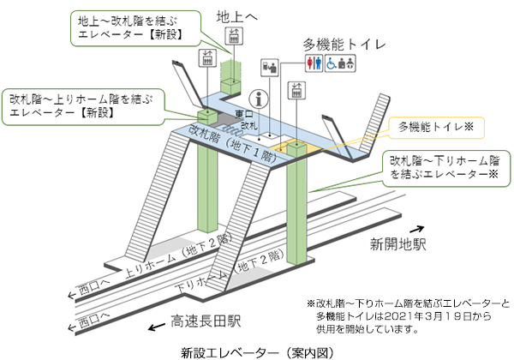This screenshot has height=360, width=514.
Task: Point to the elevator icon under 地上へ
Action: (232, 35)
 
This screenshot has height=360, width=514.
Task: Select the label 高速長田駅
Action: (206, 321)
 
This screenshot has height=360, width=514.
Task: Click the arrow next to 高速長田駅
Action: (158, 326)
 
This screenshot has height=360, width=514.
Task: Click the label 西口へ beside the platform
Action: (91, 283)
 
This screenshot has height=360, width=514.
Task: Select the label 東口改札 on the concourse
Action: (247, 119)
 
